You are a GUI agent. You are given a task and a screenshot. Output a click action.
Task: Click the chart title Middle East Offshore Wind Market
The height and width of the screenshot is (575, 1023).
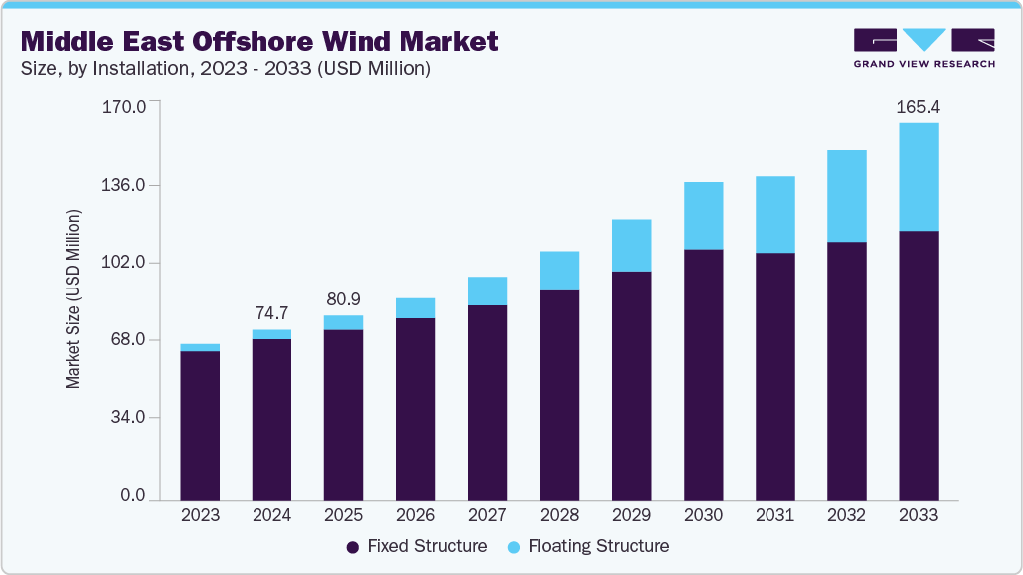(259, 41)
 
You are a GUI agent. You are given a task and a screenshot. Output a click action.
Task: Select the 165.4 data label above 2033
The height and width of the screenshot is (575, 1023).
(919, 105)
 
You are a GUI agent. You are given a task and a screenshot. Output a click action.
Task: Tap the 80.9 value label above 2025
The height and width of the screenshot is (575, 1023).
(343, 298)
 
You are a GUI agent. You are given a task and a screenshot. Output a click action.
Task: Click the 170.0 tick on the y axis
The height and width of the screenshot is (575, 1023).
(125, 107)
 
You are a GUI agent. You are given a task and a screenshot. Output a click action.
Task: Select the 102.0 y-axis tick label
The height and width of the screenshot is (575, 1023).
(125, 263)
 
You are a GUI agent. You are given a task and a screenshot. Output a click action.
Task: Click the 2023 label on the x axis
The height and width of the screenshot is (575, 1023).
(200, 515)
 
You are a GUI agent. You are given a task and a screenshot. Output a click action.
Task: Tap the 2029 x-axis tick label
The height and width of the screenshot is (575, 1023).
(631, 515)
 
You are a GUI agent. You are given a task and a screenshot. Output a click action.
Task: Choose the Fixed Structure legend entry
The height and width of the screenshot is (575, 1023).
(416, 547)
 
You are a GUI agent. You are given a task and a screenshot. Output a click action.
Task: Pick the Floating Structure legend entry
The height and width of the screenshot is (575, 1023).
(587, 547)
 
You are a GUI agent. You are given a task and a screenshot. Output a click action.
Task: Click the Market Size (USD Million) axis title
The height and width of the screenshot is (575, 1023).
(73, 299)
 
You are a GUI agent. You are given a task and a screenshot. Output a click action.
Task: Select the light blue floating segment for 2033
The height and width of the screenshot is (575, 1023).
(918, 177)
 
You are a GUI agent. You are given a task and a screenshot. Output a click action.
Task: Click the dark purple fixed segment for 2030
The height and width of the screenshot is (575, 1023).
(703, 374)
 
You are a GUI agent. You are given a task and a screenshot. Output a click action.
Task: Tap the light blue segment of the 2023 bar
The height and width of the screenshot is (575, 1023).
(200, 347)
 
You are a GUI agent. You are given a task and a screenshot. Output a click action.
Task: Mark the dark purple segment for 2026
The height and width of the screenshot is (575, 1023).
(415, 409)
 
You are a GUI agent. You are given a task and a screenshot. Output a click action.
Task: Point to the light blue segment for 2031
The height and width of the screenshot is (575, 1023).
(774, 214)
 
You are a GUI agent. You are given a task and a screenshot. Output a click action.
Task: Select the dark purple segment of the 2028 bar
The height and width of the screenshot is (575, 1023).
(559, 395)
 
